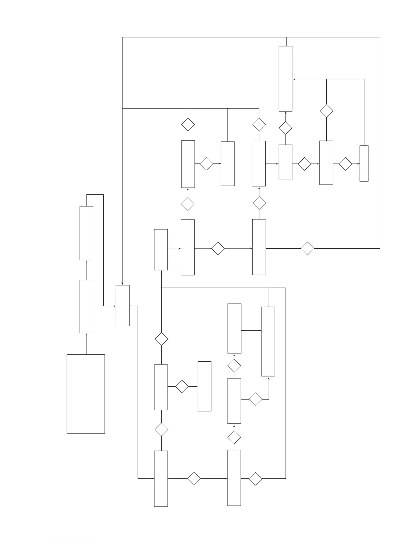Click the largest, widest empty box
[86, 394]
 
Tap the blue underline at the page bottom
[68, 541]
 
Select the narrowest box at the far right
[364, 163]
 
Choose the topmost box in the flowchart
[285, 79]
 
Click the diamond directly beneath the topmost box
[285, 128]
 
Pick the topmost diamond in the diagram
[326, 111]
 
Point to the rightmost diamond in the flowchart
[345, 164]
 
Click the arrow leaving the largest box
[86, 343]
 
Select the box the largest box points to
[86, 306]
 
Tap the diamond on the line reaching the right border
[307, 248]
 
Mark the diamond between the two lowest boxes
[194, 478]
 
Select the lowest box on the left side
[161, 478]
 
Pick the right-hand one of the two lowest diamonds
[255, 478]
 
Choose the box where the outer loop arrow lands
[122, 305]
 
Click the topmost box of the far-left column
[86, 233]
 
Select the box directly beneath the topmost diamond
[326, 162]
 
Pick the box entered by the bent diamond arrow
[268, 341]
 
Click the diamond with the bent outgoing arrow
[255, 399]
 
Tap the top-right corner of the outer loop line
[380, 37]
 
